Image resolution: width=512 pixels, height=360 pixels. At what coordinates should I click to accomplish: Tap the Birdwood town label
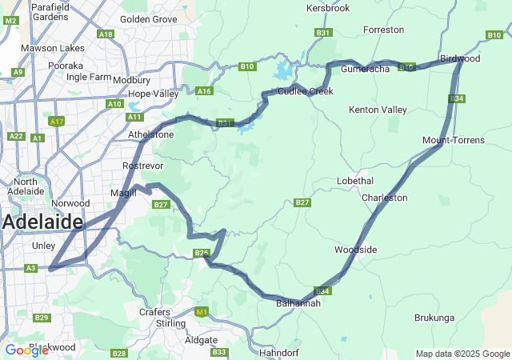(460, 58)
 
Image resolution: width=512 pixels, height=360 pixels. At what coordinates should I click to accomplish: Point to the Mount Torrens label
(454, 141)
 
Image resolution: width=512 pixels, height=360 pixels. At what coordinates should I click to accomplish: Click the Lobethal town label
(355, 181)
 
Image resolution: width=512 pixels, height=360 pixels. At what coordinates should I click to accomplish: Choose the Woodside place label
(355, 250)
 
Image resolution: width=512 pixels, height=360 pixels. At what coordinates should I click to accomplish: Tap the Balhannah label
(298, 303)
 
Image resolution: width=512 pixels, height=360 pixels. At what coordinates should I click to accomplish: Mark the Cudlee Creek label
(306, 91)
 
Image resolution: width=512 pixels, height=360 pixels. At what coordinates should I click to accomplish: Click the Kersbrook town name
(329, 8)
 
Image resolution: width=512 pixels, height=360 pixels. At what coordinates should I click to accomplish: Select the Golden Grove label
(149, 18)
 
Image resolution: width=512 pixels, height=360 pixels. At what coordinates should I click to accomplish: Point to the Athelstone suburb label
(150, 134)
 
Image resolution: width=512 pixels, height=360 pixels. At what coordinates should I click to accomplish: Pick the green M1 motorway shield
(201, 312)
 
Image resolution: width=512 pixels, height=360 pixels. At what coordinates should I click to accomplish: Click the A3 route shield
(30, 268)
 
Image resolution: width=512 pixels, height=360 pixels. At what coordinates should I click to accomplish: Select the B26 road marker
(201, 254)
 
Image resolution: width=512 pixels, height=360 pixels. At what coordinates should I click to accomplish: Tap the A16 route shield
(205, 91)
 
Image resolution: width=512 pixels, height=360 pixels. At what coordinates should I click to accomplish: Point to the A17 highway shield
(56, 122)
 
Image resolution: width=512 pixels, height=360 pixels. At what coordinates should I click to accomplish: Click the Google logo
(26, 350)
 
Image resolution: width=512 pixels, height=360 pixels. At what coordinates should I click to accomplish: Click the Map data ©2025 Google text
(462, 354)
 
